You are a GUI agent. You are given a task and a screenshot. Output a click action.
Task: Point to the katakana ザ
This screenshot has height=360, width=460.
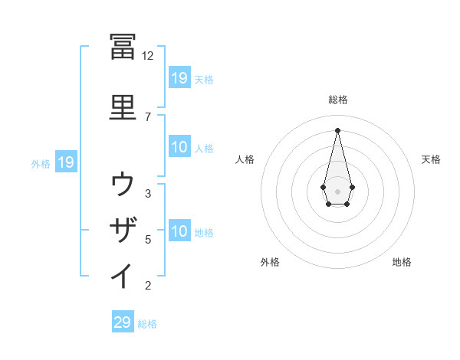tap(123, 230)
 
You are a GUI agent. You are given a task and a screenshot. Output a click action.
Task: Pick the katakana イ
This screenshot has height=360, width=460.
tap(123, 277)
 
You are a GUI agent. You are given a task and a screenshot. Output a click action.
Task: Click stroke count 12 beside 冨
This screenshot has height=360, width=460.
tap(147, 56)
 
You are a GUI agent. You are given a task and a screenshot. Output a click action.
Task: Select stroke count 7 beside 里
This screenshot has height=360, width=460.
tap(147, 116)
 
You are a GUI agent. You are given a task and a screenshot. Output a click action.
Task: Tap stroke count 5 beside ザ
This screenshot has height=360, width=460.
tap(148, 240)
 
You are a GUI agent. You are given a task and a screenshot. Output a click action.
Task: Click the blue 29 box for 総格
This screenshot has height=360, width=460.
tap(123, 322)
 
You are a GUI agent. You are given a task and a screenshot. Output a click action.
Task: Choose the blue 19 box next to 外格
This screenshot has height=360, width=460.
tap(65, 162)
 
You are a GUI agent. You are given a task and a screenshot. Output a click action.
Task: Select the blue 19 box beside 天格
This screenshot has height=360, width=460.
tap(179, 77)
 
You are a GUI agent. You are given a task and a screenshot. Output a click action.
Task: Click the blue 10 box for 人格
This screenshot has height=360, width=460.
tap(179, 147)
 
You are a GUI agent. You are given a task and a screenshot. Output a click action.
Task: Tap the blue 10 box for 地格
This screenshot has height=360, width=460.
tap(179, 231)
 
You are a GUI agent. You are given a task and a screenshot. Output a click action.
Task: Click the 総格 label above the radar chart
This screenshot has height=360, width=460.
tap(337, 100)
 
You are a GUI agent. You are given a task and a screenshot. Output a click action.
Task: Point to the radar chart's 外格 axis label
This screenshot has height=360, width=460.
tap(270, 262)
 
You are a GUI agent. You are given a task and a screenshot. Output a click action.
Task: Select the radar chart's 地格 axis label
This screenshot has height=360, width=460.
tap(402, 262)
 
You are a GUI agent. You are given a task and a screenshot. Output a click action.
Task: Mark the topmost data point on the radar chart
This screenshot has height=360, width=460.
tap(337, 129)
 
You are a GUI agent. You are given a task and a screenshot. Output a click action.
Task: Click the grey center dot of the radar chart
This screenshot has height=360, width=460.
tap(337, 190)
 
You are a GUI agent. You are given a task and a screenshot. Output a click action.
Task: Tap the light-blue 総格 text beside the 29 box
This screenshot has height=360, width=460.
tap(147, 324)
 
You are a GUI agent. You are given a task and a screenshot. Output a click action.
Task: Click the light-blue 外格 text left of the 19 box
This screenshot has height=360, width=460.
tap(41, 163)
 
